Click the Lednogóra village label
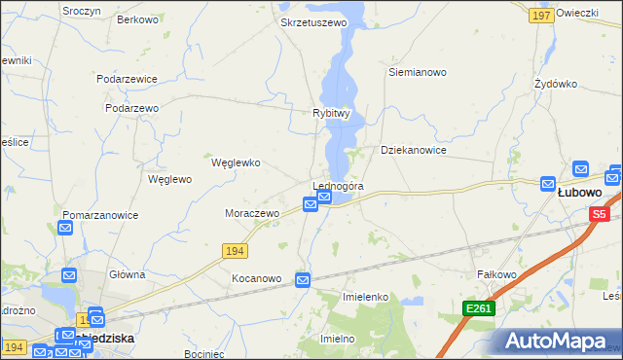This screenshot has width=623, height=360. click(x=338, y=186)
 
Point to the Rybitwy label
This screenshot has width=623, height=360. click(x=331, y=113)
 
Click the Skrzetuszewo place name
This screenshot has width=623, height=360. click(x=312, y=21)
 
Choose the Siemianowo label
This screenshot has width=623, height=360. click(x=417, y=72)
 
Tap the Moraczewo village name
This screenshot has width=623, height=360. click(x=252, y=212)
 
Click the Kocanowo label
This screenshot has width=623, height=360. click(x=256, y=278)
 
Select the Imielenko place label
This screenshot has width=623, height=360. click(x=366, y=296)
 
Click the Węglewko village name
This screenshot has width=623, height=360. click(x=236, y=162)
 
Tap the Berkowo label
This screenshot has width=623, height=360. click(x=137, y=19)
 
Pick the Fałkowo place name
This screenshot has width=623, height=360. click(x=495, y=275)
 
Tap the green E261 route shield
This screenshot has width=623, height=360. click(x=479, y=308)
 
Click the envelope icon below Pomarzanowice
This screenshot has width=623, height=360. click(x=65, y=229)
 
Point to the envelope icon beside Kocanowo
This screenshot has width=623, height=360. click(x=302, y=280)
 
